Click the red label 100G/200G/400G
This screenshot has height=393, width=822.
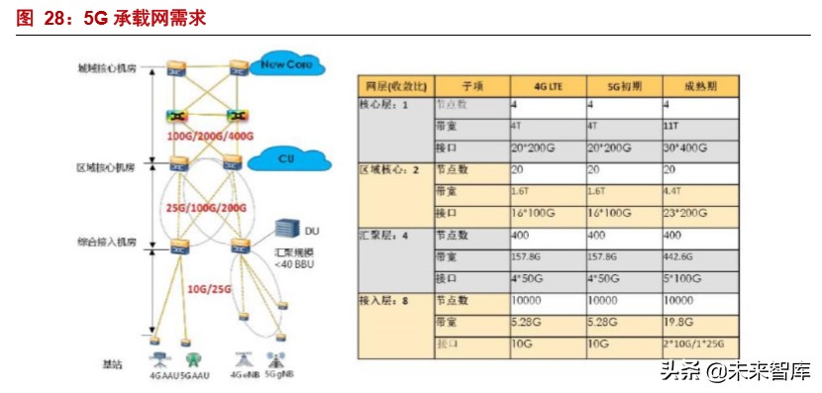pos(203,135)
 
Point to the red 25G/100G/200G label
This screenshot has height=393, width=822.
pos(204,207)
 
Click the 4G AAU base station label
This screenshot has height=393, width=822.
pos(159,377)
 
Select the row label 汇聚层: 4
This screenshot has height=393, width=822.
pos(389,236)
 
